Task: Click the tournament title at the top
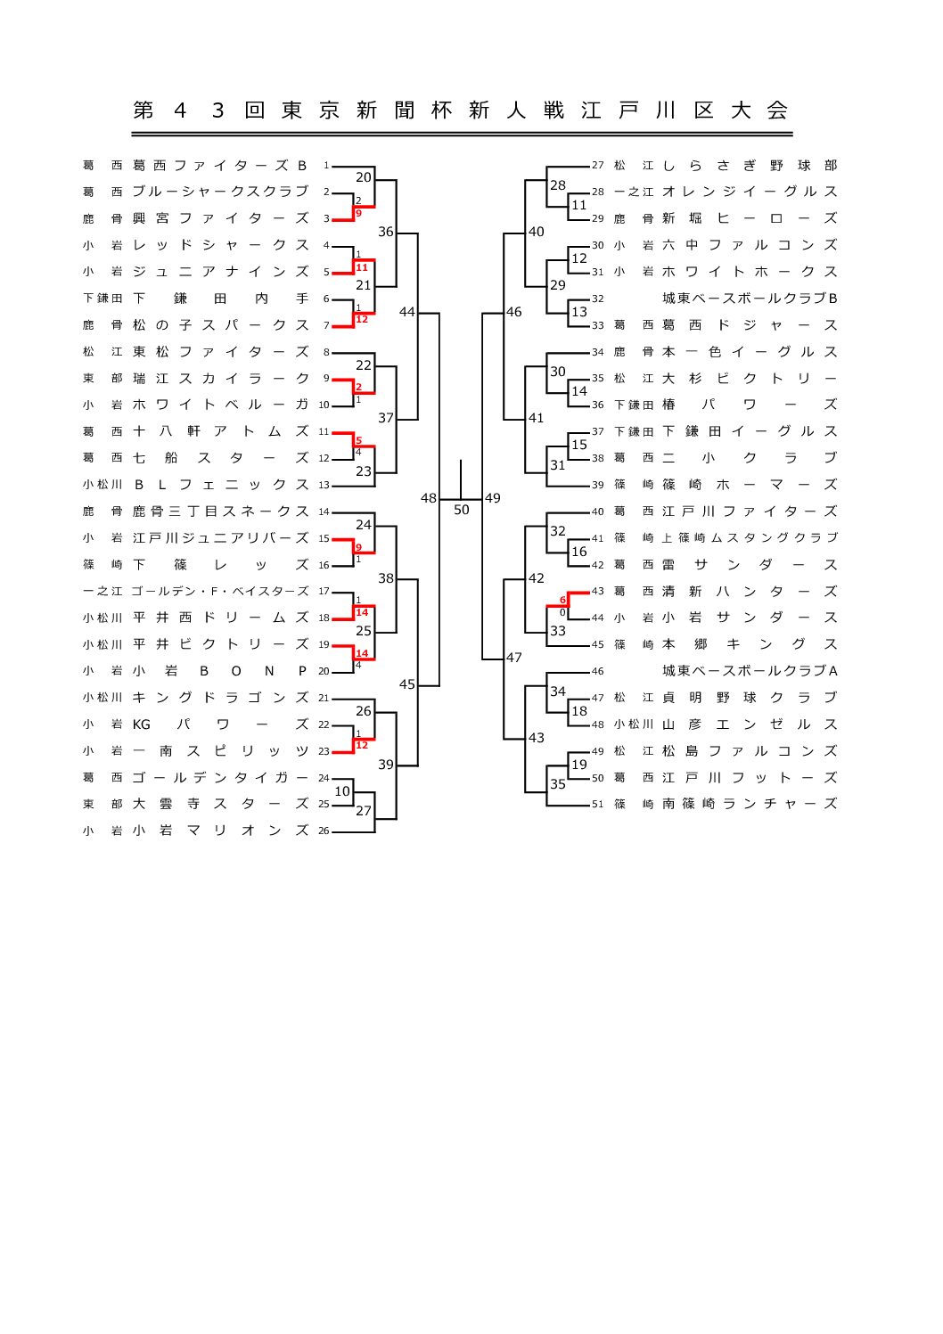[461, 110]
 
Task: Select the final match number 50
[461, 510]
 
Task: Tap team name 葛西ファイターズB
[219, 165]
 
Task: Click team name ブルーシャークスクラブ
[219, 192]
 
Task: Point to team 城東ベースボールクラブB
[749, 299]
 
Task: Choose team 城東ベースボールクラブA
[749, 671]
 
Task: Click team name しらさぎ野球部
[749, 165]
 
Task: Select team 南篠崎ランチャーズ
[749, 804]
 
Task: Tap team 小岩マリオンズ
[219, 831]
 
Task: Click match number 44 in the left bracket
[406, 312]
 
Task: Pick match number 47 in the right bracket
[514, 658]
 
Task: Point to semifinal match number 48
[429, 498]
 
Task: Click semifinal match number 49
[493, 498]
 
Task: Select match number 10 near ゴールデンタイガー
[342, 791]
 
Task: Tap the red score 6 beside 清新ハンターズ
[563, 601]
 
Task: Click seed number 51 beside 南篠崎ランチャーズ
[597, 805]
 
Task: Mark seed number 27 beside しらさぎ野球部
[597, 166]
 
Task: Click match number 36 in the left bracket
[385, 232]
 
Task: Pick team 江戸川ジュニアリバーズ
[219, 538]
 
